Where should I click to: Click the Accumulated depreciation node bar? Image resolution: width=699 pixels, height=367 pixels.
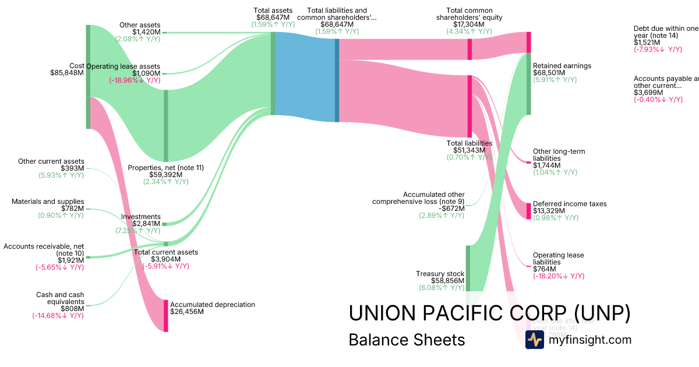[166, 316]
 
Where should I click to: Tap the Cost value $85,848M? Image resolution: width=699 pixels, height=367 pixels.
[67, 73]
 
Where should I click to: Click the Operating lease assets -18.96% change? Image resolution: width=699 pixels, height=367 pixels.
[135, 80]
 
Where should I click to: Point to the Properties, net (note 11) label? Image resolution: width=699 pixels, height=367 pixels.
[165, 168]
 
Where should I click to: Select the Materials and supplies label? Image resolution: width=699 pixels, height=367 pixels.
[48, 202]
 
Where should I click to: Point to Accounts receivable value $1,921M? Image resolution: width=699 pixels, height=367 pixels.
[70, 260]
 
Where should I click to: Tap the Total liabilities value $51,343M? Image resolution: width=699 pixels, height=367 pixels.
[469, 150]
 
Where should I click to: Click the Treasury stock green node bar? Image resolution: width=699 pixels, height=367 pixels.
[467, 268]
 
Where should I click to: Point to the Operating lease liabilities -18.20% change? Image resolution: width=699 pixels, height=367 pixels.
[559, 276]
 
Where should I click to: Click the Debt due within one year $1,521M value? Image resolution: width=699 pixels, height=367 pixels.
[647, 43]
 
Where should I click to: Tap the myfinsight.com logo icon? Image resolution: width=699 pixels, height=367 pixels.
[534, 340]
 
